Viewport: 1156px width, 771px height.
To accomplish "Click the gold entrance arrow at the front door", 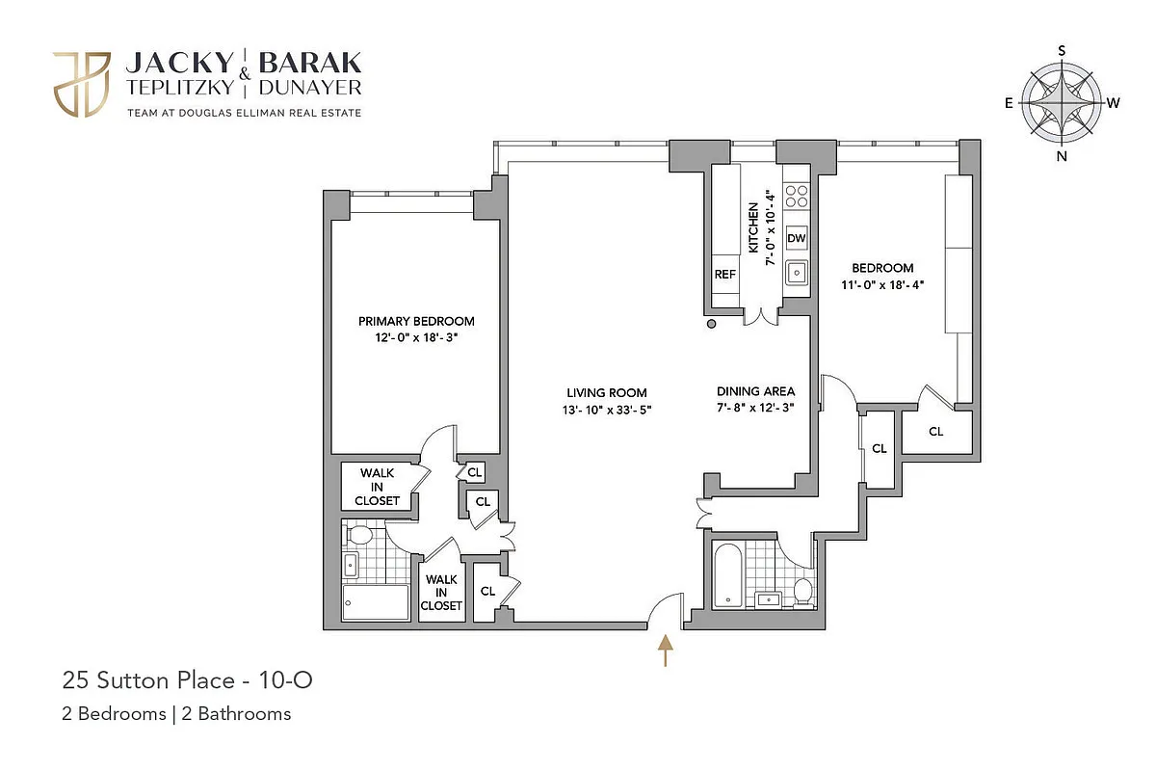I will click(665, 651).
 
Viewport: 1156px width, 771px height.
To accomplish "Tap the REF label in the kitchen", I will click(724, 275).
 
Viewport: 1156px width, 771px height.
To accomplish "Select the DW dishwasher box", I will click(796, 238).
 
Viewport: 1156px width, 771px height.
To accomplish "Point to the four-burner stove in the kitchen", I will click(796, 197).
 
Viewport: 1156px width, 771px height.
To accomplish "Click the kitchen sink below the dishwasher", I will click(796, 273).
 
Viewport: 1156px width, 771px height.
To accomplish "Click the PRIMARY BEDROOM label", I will click(416, 321).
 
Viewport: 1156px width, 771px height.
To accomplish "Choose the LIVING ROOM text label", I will click(606, 392).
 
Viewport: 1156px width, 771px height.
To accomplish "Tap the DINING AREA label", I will click(755, 391).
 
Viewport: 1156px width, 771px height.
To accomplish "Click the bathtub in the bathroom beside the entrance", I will click(727, 575).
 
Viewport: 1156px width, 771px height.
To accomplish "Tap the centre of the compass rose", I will click(1062, 102).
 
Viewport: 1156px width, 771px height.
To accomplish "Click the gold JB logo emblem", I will click(82, 85).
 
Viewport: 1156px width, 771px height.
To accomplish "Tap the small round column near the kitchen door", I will click(712, 325).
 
